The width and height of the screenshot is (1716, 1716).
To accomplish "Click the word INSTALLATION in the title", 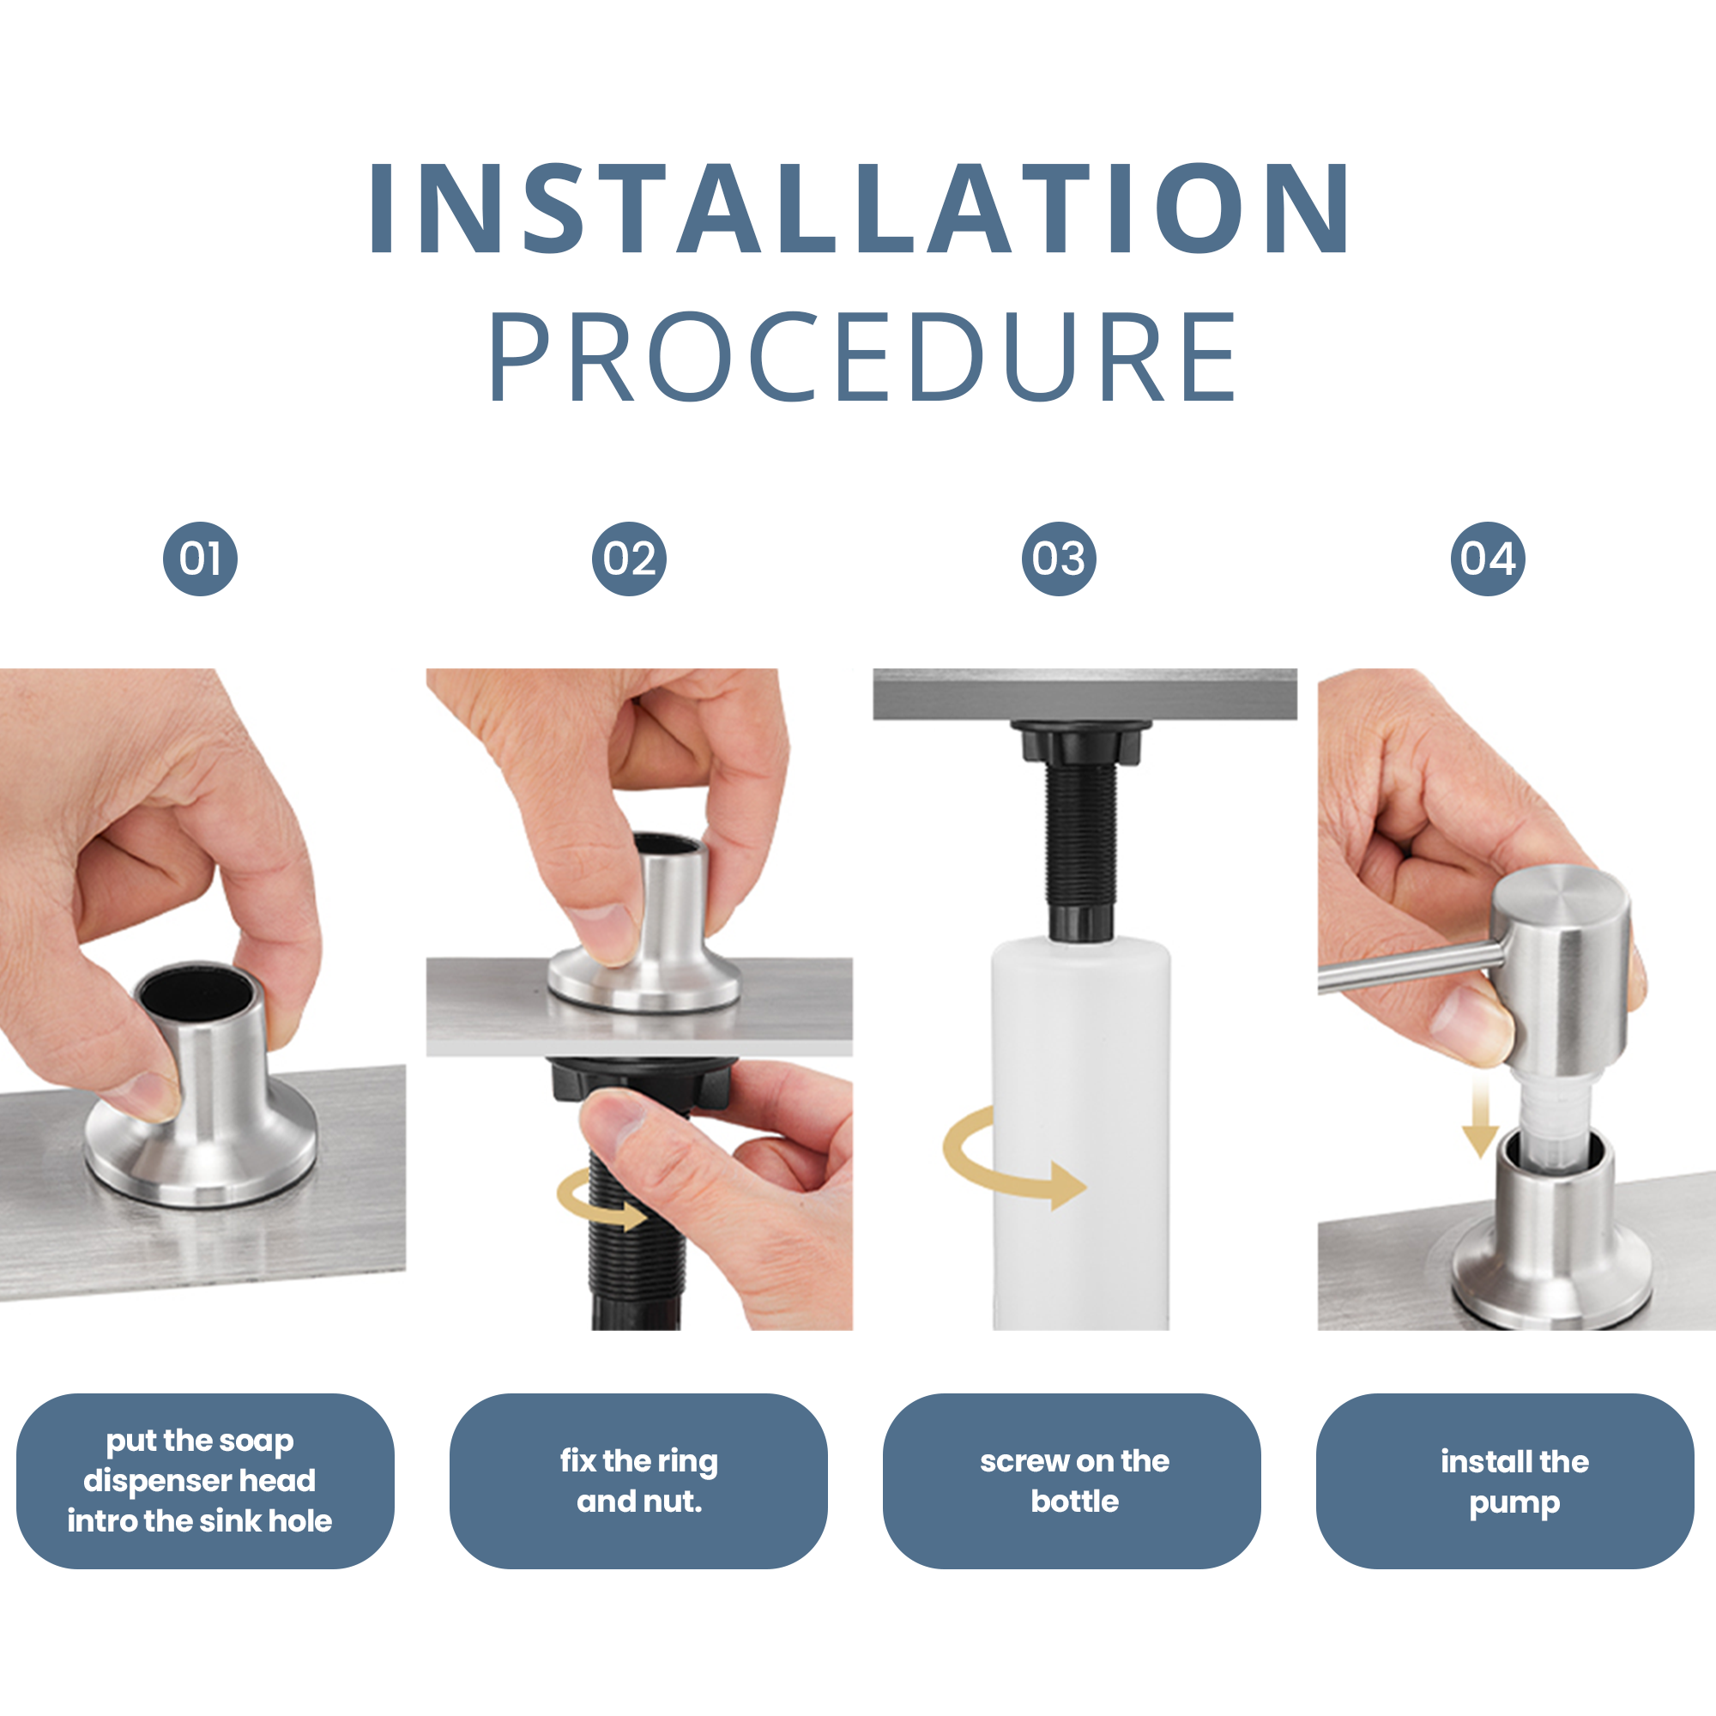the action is click(x=858, y=208).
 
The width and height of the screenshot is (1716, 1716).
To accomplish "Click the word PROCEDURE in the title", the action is click(x=861, y=356).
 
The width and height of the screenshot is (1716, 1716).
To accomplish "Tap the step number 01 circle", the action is click(x=200, y=559).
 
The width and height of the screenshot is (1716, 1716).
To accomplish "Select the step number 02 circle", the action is click(x=629, y=559).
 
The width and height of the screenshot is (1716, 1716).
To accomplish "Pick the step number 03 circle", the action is click(x=1059, y=559).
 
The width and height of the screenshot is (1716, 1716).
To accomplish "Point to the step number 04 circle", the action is click(x=1488, y=559).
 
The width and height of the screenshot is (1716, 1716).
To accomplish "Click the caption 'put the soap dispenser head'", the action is click(x=200, y=1461).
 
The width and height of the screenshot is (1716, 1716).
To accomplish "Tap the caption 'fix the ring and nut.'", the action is click(x=638, y=1481).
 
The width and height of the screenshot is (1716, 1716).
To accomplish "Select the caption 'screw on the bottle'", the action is click(x=1075, y=1481).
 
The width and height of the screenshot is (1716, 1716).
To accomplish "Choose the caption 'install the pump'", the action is click(x=1514, y=1482).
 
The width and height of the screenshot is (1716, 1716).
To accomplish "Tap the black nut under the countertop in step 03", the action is click(x=1080, y=741).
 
